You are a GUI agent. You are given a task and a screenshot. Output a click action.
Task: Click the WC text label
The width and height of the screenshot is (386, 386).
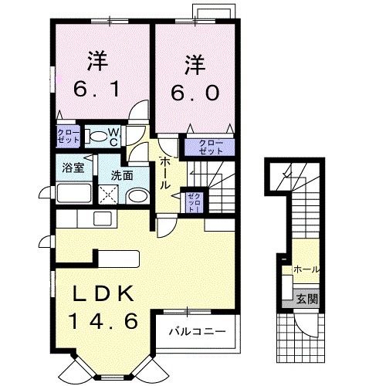coord(112,137)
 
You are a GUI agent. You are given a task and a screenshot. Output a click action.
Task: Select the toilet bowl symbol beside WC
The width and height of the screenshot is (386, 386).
coord(96,137)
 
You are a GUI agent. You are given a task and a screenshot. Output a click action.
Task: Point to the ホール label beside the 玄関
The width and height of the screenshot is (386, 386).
coord(306,270)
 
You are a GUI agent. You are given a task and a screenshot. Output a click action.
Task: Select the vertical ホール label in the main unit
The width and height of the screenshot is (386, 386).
coord(165,174)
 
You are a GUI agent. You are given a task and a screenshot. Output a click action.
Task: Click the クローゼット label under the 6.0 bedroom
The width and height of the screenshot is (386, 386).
coord(207,147)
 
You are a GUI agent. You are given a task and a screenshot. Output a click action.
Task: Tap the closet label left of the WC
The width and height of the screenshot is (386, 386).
coord(65,137)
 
